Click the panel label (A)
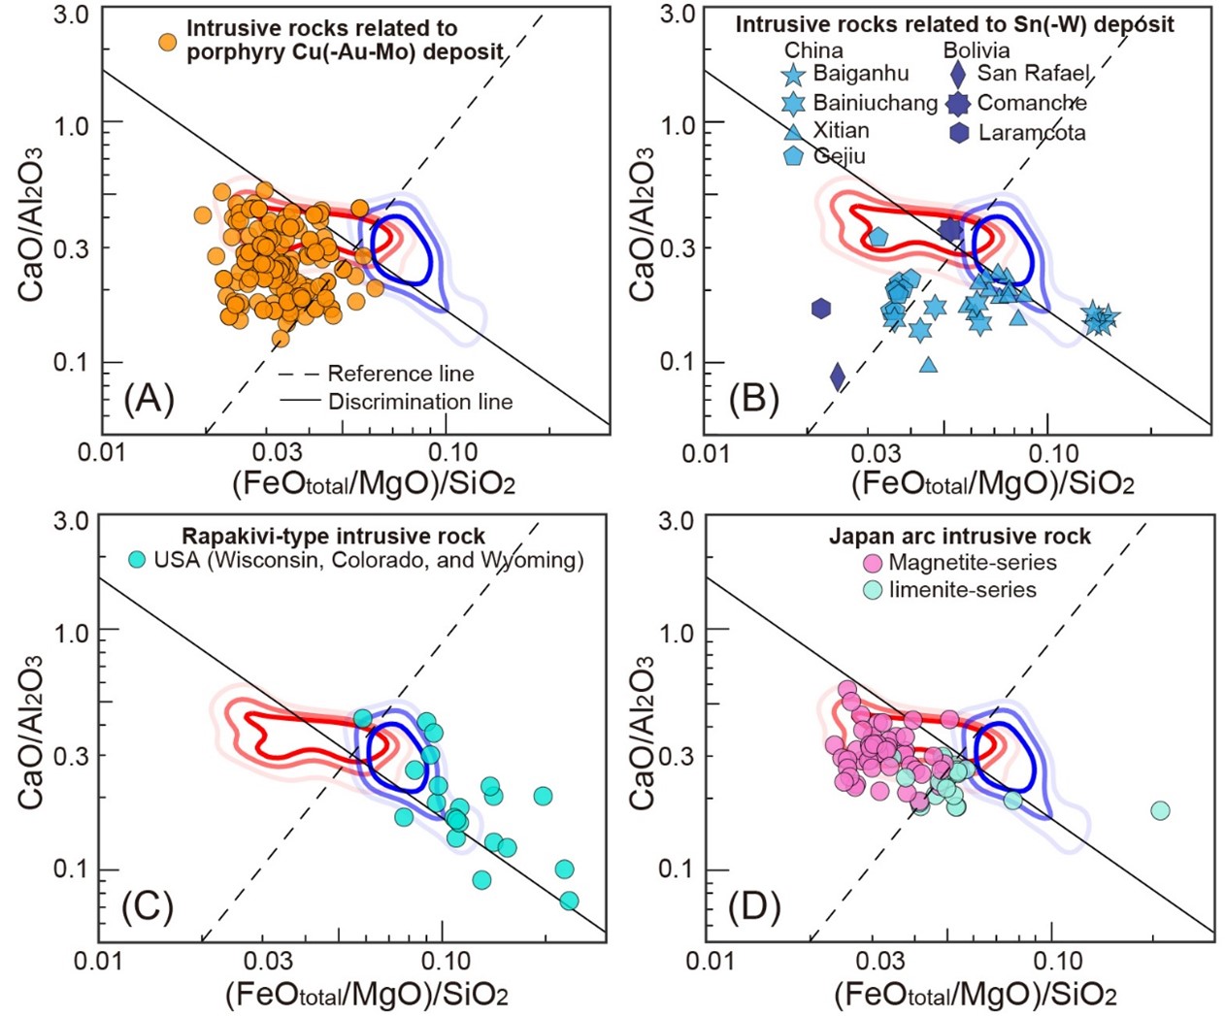point(149,399)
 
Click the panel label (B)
point(754,399)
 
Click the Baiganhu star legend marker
point(794,74)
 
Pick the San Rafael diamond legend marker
point(959,74)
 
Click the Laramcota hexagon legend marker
point(959,133)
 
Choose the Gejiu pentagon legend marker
point(794,156)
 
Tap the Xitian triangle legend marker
point(794,130)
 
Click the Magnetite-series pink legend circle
point(872,563)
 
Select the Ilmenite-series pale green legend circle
point(872,590)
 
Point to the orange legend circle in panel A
point(168,42)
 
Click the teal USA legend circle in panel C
point(137,560)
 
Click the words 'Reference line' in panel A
point(400,374)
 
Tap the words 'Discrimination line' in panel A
point(419,402)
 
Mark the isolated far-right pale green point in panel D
point(1159,810)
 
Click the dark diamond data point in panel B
point(838,377)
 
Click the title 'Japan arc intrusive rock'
point(959,537)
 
